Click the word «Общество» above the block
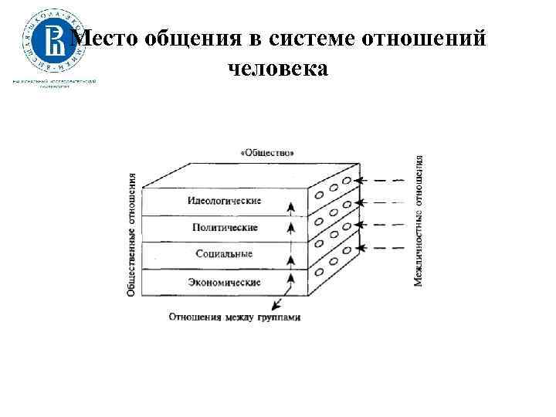(267, 153)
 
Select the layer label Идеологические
(224, 201)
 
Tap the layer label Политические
(225, 228)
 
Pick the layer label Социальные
(224, 254)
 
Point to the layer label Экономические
(224, 282)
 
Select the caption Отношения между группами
(234, 317)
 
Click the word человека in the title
(278, 69)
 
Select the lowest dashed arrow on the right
(385, 248)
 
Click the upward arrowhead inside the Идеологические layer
(291, 206)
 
